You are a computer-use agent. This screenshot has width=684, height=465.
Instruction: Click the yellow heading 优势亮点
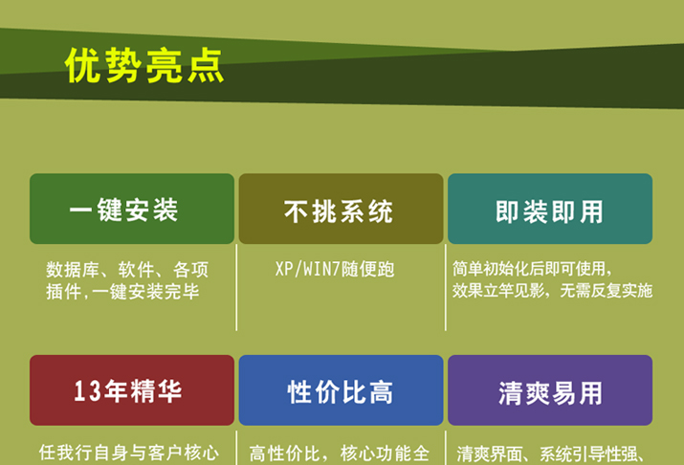pyautogui.click(x=144, y=65)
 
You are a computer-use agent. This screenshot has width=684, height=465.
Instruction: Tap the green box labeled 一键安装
pyautogui.click(x=132, y=209)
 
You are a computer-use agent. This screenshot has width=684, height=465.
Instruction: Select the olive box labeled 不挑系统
pyautogui.click(x=341, y=209)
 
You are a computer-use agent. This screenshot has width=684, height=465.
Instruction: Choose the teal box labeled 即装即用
pyautogui.click(x=550, y=209)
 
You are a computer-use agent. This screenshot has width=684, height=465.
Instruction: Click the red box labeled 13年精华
pyautogui.click(x=132, y=390)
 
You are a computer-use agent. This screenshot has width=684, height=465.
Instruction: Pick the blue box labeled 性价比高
pyautogui.click(x=341, y=390)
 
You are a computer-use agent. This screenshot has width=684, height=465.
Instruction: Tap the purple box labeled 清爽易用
pyautogui.click(x=550, y=390)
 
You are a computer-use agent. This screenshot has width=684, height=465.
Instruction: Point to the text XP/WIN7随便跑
pyautogui.click(x=335, y=269)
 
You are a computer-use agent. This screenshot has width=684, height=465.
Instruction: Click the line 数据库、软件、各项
pyautogui.click(x=127, y=270)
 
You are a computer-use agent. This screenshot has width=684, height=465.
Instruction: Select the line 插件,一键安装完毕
pyautogui.click(x=123, y=292)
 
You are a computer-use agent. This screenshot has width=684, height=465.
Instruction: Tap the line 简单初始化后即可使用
pyautogui.click(x=532, y=269)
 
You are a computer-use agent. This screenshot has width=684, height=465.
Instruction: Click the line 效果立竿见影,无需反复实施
pyautogui.click(x=552, y=291)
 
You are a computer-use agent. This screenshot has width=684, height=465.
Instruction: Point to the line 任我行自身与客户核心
pyautogui.click(x=129, y=453)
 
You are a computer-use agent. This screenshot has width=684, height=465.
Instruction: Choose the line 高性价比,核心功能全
pyautogui.click(x=340, y=454)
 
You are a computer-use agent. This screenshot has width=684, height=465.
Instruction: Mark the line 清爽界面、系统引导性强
pyautogui.click(x=550, y=454)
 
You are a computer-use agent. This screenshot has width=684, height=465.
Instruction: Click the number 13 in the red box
pyautogui.click(x=88, y=390)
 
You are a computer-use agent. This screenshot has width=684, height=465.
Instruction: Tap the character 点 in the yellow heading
pyautogui.click(x=206, y=65)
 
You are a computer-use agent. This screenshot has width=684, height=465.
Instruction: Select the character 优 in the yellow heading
pyautogui.click(x=84, y=65)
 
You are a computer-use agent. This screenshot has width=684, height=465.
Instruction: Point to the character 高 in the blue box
pyautogui.click(x=382, y=391)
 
